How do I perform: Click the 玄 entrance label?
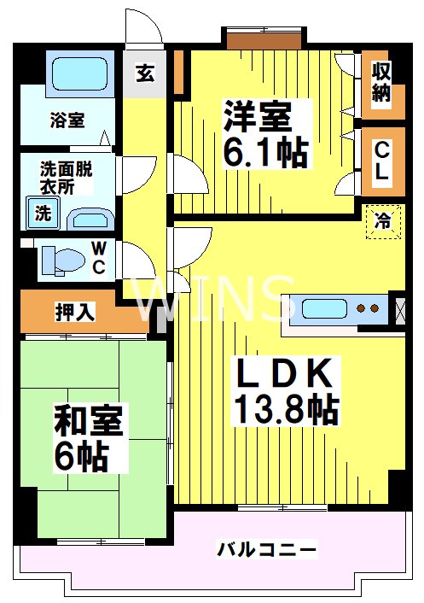(x=144, y=73)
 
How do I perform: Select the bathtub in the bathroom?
(x=78, y=75)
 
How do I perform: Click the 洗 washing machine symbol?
(x=43, y=214)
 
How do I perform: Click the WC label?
(x=99, y=258)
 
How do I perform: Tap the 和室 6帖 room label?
(x=89, y=438)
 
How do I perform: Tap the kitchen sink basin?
(x=320, y=308)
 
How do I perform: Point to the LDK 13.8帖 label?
(x=286, y=391)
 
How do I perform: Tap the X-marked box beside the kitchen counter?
(x=398, y=309)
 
